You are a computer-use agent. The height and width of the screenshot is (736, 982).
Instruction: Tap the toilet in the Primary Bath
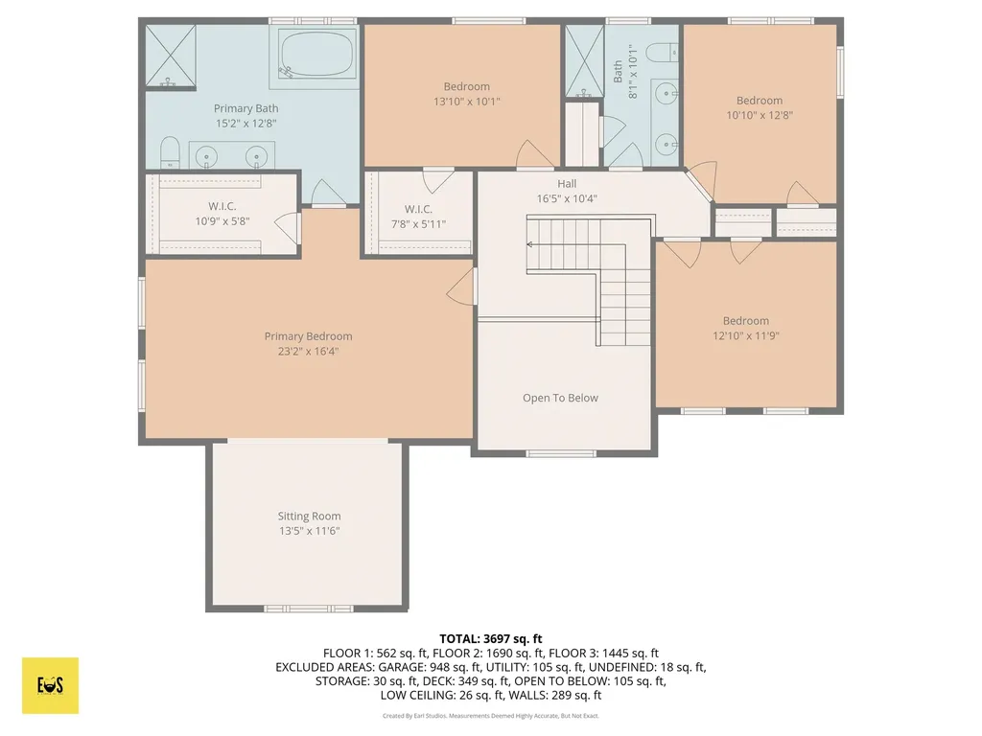171,153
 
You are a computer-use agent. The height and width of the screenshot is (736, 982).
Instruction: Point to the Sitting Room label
310,517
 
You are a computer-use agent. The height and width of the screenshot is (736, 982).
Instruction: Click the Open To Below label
560,398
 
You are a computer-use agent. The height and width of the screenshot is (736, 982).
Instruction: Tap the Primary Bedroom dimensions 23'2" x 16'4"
308,351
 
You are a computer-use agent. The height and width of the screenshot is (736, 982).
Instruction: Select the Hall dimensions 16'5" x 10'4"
567,199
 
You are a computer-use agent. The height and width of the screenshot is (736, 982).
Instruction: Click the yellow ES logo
50,685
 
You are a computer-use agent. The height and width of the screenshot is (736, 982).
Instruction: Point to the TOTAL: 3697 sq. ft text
491,639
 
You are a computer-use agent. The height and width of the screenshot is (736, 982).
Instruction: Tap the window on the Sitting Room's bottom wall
308,609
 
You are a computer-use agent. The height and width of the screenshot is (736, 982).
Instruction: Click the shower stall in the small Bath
584,61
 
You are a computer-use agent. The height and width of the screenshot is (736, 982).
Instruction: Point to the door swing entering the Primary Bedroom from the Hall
462,285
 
